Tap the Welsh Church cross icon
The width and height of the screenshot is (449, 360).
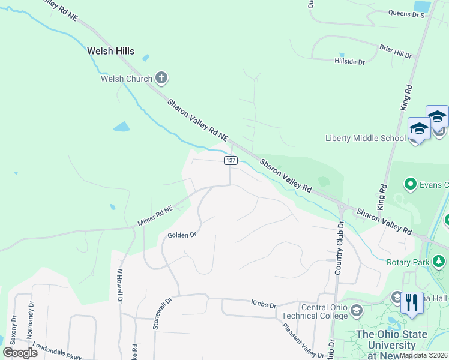pyautogui.click(x=161, y=77)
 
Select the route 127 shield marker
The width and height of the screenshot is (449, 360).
pyautogui.click(x=231, y=160)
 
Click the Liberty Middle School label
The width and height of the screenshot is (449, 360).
pyautogui.click(x=365, y=138)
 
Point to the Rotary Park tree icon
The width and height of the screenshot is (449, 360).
pyautogui.click(x=439, y=261)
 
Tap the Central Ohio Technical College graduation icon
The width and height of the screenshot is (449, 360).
pyautogui.click(x=357, y=310)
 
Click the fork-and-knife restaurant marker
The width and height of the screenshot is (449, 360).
pyautogui.click(x=412, y=302)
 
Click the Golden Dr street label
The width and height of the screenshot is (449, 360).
pyautogui.click(x=182, y=235)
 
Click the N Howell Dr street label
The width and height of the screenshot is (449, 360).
pyautogui.click(x=122, y=287)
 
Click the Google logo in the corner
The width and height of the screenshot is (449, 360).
pyautogui.click(x=20, y=352)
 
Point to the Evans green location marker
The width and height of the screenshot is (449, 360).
pyautogui.click(x=411, y=183)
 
